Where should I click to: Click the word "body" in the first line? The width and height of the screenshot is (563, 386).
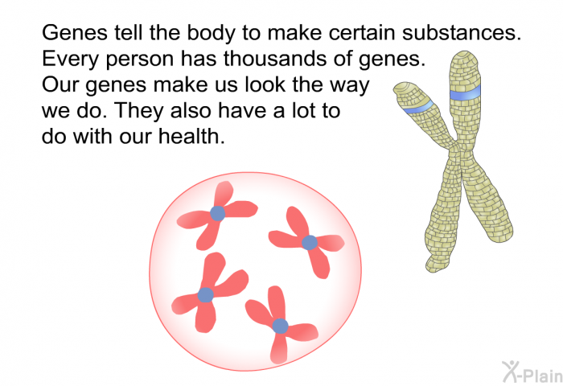(212, 34)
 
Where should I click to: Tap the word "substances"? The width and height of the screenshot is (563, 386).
(462, 33)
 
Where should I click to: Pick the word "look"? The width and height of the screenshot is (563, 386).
(265, 84)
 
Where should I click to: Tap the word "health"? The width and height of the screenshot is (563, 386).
(191, 137)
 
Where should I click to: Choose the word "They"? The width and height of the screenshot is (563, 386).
(139, 112)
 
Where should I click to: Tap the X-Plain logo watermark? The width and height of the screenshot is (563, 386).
(532, 372)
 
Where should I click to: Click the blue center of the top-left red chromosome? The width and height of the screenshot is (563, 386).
(218, 214)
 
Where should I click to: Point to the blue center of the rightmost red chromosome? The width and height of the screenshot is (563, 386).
(310, 243)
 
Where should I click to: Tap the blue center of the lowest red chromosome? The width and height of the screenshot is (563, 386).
(280, 326)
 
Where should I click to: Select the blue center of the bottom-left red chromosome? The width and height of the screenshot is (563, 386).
(206, 295)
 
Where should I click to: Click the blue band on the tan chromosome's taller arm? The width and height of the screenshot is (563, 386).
(466, 94)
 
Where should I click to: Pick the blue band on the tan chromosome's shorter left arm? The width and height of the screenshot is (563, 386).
(418, 107)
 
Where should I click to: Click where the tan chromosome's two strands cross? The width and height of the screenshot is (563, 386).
(457, 151)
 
